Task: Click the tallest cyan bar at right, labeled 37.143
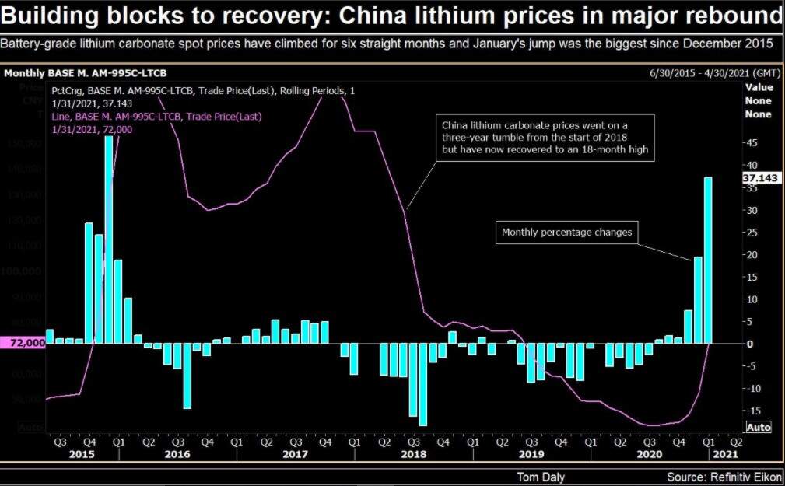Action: (708, 260)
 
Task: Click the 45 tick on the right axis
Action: (750, 143)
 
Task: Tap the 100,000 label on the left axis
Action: (24, 271)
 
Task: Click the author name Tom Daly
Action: (541, 476)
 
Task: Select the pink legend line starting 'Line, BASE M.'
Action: (156, 117)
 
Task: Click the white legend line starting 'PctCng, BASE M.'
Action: (203, 91)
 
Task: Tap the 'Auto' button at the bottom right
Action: (759, 427)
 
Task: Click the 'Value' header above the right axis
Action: (759, 88)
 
